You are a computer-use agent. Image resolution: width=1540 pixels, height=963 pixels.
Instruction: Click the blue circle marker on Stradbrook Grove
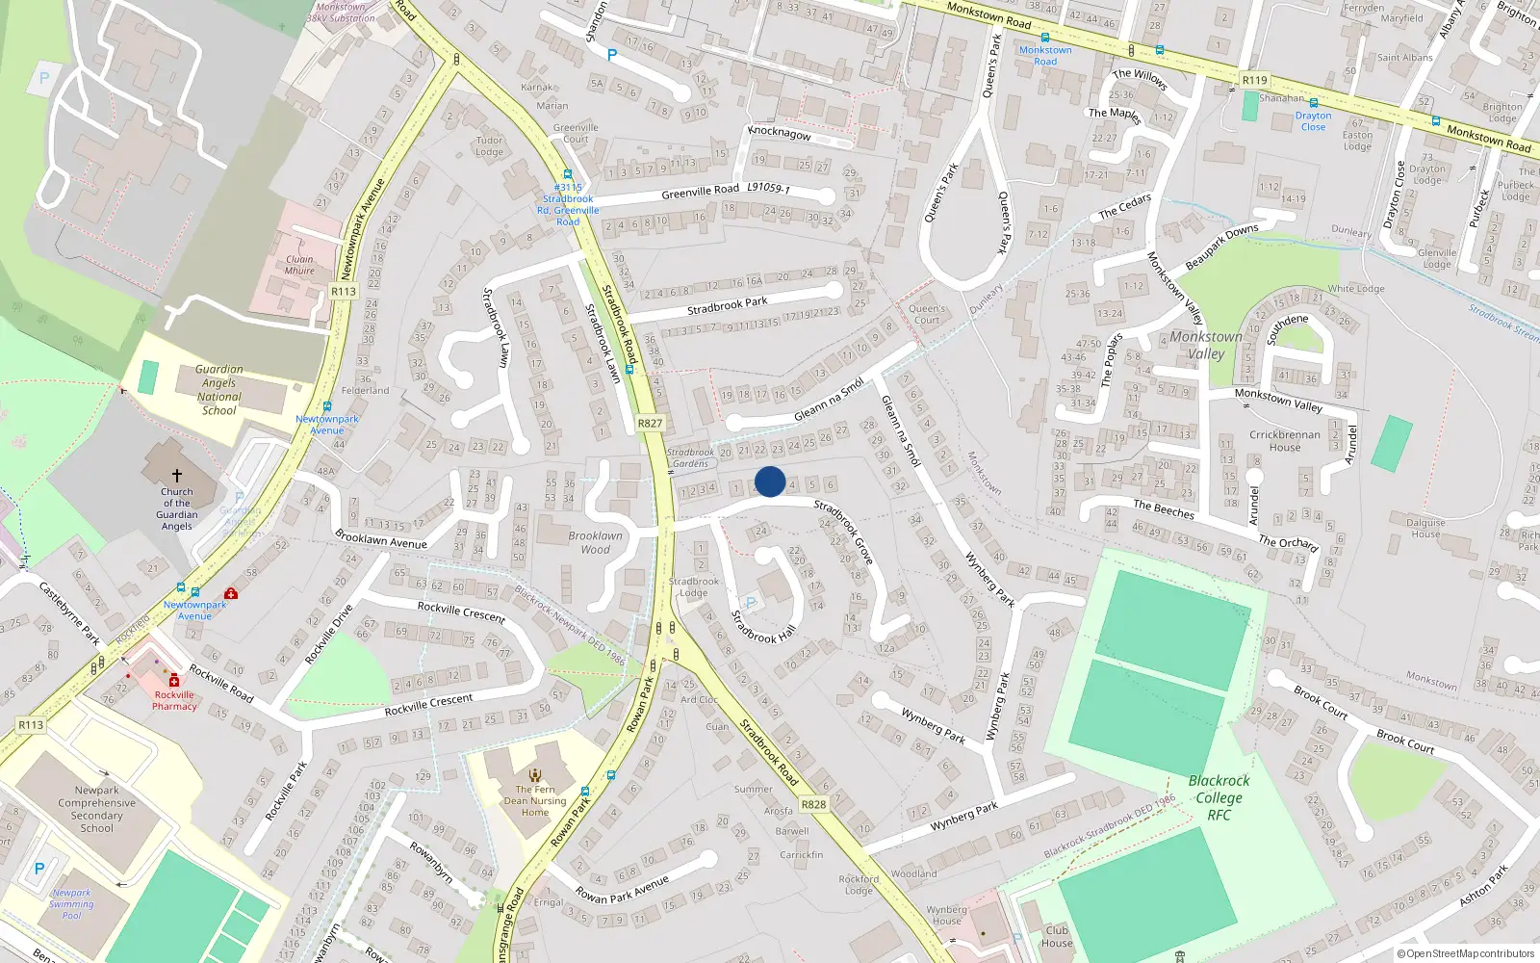tap(770, 481)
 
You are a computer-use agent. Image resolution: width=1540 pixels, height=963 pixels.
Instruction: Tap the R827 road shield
tap(650, 423)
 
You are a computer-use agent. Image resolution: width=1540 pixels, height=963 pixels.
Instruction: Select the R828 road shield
tap(813, 804)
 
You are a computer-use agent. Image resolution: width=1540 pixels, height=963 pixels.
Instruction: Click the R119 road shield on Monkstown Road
tap(1254, 80)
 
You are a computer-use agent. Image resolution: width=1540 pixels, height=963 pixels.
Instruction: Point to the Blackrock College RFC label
tap(1219, 797)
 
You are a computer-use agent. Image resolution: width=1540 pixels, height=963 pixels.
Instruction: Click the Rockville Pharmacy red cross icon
tap(174, 681)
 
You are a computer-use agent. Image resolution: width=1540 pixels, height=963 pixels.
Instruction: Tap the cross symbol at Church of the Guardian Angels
tap(177, 476)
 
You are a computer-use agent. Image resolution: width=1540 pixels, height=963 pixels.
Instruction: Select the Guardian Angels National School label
tap(219, 389)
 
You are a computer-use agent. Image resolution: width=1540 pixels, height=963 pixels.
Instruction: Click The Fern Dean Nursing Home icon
tap(535, 774)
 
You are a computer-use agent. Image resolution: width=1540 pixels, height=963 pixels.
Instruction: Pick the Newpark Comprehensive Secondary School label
tap(96, 809)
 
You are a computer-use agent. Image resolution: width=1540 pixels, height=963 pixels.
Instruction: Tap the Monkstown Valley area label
tap(1206, 345)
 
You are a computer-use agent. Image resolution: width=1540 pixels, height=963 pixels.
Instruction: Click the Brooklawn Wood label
tap(595, 542)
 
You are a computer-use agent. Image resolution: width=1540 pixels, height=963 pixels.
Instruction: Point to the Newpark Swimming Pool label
tap(71, 904)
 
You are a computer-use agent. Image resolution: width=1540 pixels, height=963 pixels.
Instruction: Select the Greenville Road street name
tap(700, 192)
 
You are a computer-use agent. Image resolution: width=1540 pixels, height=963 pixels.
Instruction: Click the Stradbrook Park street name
tap(727, 306)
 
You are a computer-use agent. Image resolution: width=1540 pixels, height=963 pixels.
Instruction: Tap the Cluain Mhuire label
tap(299, 265)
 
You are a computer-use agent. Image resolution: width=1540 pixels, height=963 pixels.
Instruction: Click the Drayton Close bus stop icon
tap(1313, 103)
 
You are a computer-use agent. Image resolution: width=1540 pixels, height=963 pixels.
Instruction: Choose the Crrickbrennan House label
tap(1285, 440)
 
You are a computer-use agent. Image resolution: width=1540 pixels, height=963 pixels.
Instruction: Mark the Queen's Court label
tap(927, 314)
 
